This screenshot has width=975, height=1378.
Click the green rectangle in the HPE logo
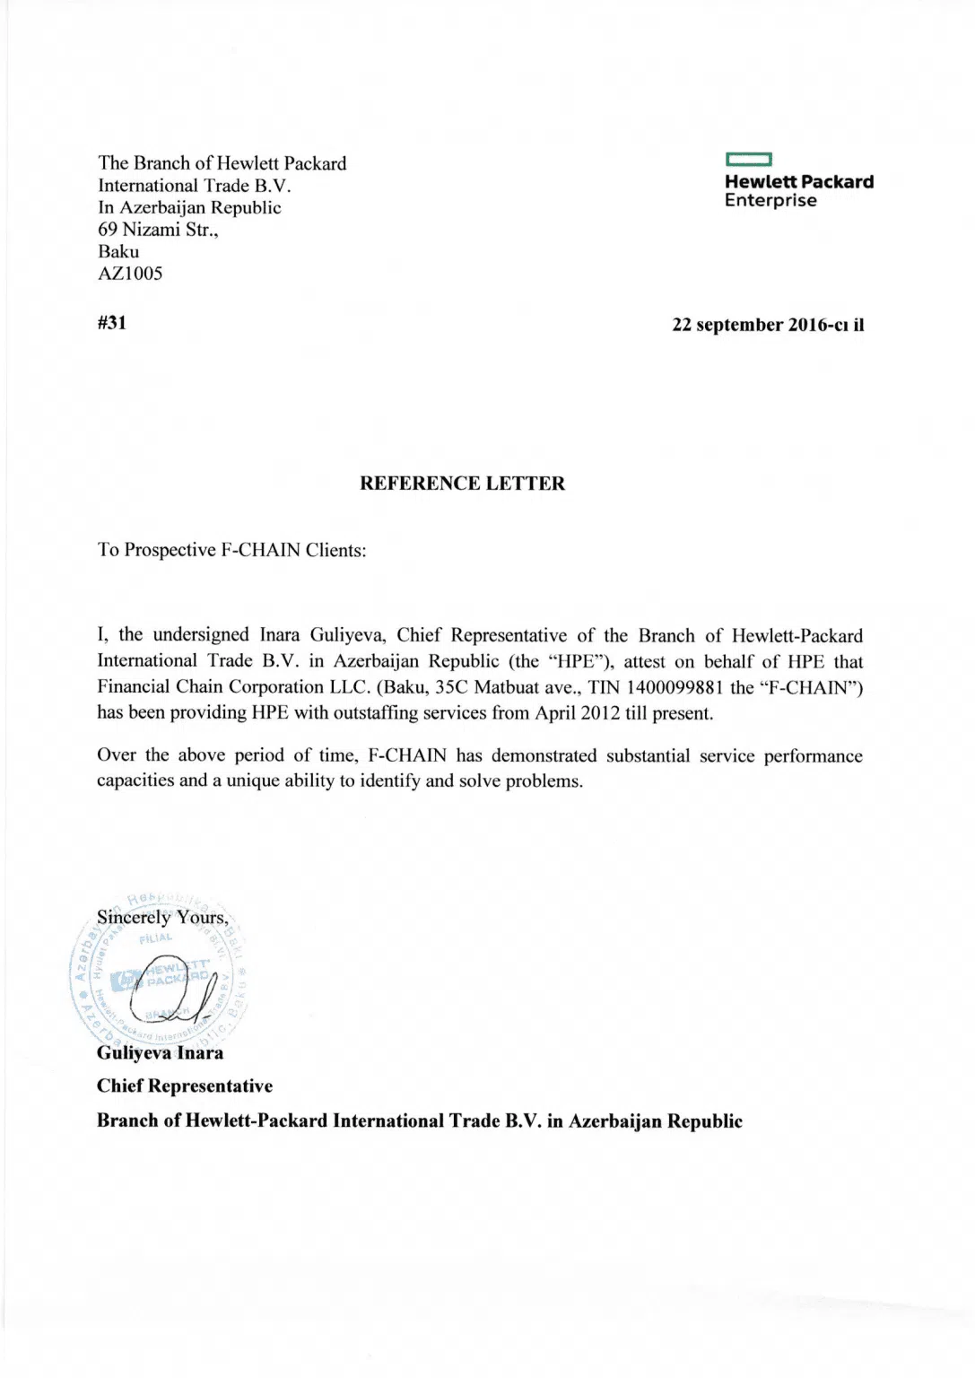pyautogui.click(x=748, y=161)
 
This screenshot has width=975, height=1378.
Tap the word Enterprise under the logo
pyautogui.click(x=770, y=201)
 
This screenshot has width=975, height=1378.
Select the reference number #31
pyautogui.click(x=112, y=323)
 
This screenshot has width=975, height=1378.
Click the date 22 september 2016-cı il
pyautogui.click(x=768, y=325)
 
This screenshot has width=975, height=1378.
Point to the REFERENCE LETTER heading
pyautogui.click(x=462, y=484)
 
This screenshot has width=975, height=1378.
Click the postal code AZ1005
pyautogui.click(x=130, y=274)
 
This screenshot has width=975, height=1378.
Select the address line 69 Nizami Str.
pyautogui.click(x=158, y=230)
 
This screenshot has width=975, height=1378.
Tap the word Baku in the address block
pyautogui.click(x=118, y=252)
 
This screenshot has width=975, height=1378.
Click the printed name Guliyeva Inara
pyautogui.click(x=160, y=1053)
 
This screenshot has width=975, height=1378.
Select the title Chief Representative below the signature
pyautogui.click(x=185, y=1086)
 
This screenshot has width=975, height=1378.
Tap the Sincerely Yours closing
pyautogui.click(x=162, y=918)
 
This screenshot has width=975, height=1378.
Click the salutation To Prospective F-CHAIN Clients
pyautogui.click(x=231, y=550)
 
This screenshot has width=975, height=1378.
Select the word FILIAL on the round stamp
pyautogui.click(x=156, y=938)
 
